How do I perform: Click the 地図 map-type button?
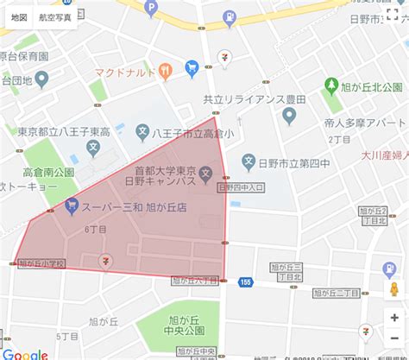[x=18, y=16]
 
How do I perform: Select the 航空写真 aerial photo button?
[x=55, y=16]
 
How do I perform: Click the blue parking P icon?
[x=152, y=8]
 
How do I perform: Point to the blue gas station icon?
[x=230, y=16]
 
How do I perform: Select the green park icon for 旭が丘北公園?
[x=332, y=85]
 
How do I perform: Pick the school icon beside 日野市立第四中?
[x=249, y=161]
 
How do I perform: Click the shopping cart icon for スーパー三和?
[x=72, y=205]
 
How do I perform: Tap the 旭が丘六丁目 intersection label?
[x=193, y=280]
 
